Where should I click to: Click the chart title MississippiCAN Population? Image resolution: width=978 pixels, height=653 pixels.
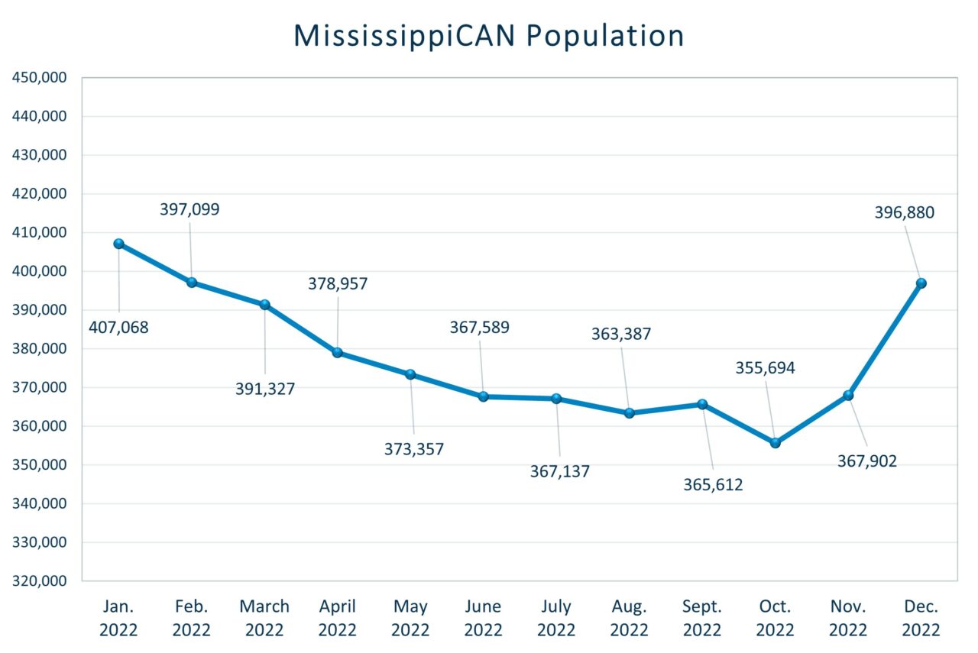(x=489, y=36)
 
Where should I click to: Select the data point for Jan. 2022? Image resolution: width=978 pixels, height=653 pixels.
(x=119, y=244)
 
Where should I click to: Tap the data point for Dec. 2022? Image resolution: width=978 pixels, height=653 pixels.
(x=921, y=283)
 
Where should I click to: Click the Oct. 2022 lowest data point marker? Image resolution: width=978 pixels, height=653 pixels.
(x=775, y=443)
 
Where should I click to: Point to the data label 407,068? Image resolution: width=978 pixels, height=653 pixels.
(x=118, y=328)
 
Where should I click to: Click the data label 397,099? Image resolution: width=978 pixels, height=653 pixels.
(x=189, y=209)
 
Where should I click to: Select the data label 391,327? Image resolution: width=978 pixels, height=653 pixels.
(x=265, y=388)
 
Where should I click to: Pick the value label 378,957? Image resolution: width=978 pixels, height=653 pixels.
(x=338, y=283)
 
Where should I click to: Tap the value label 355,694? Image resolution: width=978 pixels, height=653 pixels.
(x=765, y=367)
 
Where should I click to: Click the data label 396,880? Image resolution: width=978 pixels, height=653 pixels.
(x=904, y=212)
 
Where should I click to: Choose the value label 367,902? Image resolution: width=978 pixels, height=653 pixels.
(x=867, y=461)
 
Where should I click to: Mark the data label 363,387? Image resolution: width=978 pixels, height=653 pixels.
(x=621, y=334)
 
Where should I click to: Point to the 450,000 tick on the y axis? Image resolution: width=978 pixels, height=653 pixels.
(x=40, y=78)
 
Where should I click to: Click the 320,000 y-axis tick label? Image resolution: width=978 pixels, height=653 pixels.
(x=40, y=581)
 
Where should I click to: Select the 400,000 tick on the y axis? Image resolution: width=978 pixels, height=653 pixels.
(x=40, y=271)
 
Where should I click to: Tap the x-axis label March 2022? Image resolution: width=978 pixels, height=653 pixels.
(x=264, y=618)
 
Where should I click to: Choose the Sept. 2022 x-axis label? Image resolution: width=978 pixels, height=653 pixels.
(x=702, y=618)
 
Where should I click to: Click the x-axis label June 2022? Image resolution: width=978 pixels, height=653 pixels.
(x=483, y=618)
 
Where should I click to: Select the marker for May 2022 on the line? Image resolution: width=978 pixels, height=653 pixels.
(x=410, y=374)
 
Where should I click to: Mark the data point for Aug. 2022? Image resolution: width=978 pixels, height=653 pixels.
(x=629, y=413)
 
